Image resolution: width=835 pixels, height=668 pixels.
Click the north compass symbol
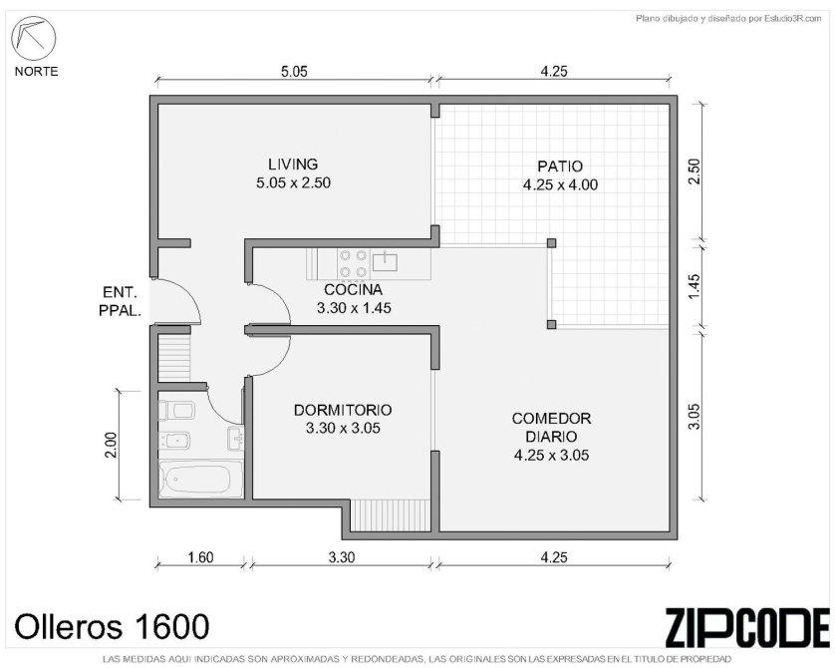coord(33,38)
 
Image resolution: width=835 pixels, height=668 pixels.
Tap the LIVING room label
coord(293,165)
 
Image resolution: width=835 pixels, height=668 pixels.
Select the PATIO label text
coord(560,167)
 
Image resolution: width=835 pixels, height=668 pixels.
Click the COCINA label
coord(353,290)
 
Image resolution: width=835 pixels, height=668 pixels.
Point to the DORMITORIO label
coord(343,410)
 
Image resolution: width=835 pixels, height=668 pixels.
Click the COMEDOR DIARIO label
coord(551,428)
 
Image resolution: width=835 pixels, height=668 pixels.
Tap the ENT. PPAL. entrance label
coord(120,301)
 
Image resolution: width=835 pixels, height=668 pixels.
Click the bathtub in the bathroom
coord(200,480)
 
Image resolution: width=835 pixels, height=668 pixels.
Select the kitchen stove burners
coord(353,263)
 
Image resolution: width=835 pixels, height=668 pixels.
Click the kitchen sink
coord(385,261)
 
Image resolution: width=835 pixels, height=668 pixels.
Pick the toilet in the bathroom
coord(176,411)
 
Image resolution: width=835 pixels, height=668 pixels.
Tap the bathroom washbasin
coord(235,438)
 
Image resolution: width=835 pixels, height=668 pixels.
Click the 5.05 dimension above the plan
coord(294,72)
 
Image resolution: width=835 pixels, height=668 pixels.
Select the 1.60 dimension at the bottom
coord(200,557)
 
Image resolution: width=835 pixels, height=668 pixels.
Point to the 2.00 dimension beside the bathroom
coord(111,445)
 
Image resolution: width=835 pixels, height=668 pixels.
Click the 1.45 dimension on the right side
coord(694,286)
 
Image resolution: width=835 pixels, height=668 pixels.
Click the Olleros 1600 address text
coord(112,626)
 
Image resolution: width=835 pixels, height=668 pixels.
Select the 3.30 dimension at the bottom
coord(341,557)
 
